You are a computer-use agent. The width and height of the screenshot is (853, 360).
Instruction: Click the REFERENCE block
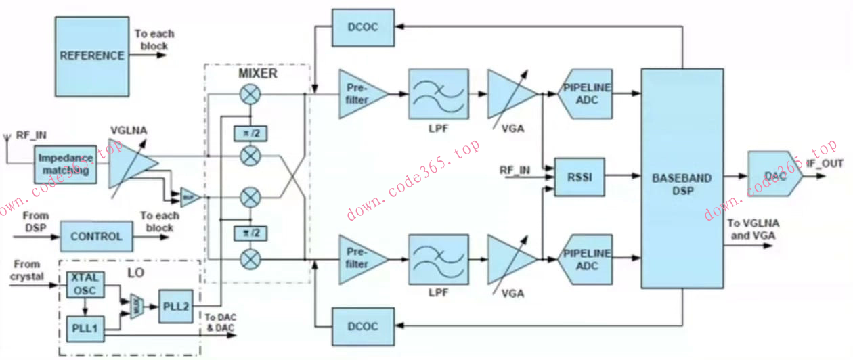pos(92,55)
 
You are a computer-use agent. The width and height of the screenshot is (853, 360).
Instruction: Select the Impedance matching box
pos(65,164)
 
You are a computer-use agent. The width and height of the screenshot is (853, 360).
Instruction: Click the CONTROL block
pos(96,237)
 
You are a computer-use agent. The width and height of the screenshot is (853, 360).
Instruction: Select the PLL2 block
pos(176,307)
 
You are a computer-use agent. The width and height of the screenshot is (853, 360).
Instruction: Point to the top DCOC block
pos(364,27)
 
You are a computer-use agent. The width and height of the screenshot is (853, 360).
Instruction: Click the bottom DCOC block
pos(364,327)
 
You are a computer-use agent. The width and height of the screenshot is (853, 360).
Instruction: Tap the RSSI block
pos(579,177)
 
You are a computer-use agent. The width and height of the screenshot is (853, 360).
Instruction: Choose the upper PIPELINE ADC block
pos(587,93)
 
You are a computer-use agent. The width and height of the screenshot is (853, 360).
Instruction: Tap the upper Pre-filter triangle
pos(359,93)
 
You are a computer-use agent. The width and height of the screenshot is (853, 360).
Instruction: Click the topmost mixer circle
pos(250,95)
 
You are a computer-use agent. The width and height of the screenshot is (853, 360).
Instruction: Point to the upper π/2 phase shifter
pos(250,134)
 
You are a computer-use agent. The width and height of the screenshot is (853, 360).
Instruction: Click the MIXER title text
pos(258,73)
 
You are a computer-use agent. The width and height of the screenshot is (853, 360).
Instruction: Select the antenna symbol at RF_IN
pos(7,137)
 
